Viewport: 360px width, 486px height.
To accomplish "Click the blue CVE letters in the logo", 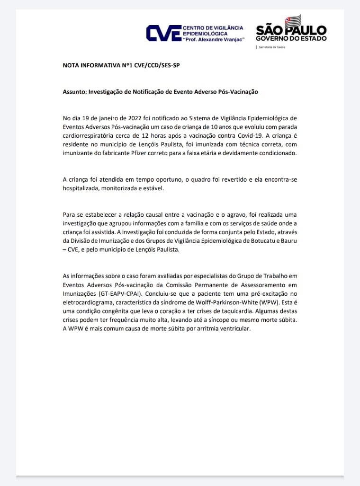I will tap(163, 34).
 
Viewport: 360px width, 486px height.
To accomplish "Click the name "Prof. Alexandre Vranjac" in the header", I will tap(213, 40).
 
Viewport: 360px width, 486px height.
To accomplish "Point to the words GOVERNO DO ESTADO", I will tap(291, 39).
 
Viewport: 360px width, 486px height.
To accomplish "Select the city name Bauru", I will tap(289, 241).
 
